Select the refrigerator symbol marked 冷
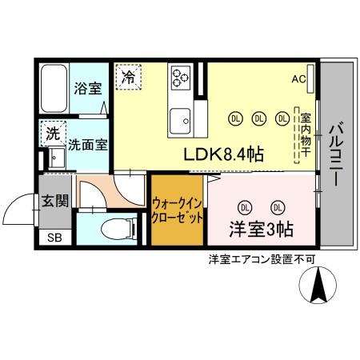129,78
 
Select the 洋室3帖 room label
261,229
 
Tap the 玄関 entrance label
55,200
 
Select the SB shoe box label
54,238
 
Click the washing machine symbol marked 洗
53,134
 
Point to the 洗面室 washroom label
88,145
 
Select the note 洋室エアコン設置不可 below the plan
261,259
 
